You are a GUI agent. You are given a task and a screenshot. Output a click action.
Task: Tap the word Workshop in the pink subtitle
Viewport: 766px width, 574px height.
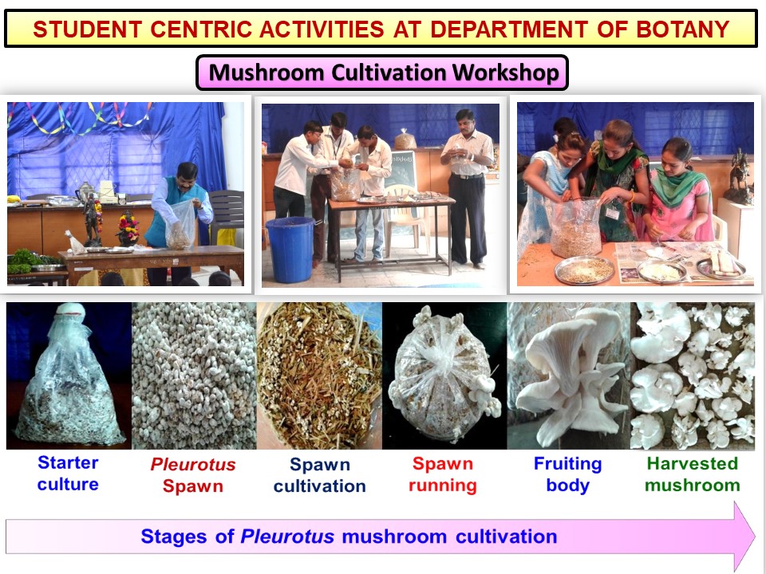tap(505, 73)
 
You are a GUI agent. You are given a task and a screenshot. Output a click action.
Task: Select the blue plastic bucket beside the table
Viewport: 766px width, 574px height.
tap(290, 250)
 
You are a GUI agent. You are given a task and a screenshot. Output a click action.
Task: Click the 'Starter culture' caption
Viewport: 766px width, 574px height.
tap(68, 473)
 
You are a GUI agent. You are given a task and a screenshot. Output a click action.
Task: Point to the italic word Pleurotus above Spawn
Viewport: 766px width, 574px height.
tap(193, 464)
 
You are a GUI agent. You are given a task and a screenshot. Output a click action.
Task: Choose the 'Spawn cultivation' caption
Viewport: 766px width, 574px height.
tap(319, 475)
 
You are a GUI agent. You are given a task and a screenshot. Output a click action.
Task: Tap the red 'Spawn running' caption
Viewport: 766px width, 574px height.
tap(443, 474)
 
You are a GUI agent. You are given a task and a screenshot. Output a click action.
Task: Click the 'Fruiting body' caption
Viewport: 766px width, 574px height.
tap(567, 474)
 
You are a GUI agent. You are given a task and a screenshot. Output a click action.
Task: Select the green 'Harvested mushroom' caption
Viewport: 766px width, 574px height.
tap(693, 474)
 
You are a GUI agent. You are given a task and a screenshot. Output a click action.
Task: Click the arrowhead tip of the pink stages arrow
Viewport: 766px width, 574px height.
tap(756, 537)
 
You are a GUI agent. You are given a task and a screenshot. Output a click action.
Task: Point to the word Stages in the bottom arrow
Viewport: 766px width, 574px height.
tap(173, 537)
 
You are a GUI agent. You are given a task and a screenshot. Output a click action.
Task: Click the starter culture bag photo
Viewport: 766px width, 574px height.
tap(69, 375)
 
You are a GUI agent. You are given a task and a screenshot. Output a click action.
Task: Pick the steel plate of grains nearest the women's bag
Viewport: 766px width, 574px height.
tap(584, 269)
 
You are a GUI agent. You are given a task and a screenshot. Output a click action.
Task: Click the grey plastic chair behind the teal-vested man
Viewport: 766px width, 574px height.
tap(226, 214)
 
